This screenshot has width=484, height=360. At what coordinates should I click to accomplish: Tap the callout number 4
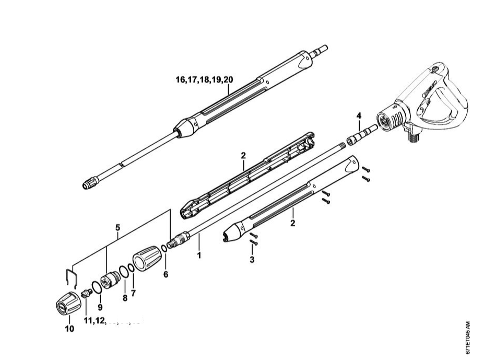tap(359, 115)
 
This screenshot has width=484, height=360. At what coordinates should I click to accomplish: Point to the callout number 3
tap(252, 259)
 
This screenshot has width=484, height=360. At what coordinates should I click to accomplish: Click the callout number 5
tap(118, 228)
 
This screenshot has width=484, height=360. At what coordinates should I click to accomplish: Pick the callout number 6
tap(166, 274)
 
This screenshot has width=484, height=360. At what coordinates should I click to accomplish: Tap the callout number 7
tap(133, 293)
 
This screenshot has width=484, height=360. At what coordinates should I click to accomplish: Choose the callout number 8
tap(125, 298)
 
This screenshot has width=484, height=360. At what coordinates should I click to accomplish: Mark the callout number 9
tap(100, 307)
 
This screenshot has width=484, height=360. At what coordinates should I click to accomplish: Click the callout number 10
tap(69, 329)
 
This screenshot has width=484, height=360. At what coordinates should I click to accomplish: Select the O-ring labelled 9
tap(97, 287)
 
